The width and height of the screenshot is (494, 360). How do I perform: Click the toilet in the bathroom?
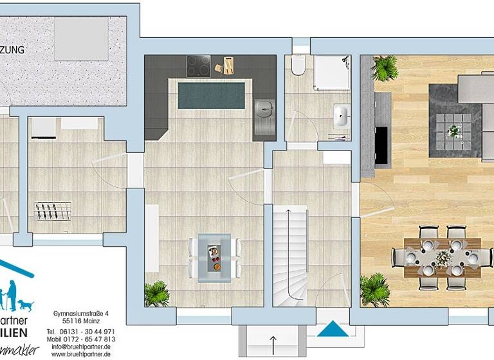click(297, 67)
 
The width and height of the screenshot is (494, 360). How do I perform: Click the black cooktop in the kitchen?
click(198, 64)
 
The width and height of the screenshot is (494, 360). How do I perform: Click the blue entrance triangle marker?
click(333, 328)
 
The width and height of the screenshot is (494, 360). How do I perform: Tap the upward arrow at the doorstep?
click(273, 341)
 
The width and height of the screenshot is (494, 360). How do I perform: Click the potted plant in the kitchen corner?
click(156, 294)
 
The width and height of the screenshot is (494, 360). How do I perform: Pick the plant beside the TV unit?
click(384, 67)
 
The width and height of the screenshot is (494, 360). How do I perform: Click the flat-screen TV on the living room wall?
click(381, 143)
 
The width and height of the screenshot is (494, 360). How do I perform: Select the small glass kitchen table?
click(214, 255)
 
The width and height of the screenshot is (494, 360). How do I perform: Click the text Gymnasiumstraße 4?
click(81, 313)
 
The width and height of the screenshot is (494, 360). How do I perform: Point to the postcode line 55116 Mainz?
click(81, 321)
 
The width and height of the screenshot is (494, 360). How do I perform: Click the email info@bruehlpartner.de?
click(81, 346)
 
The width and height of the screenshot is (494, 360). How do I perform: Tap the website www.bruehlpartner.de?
click(81, 354)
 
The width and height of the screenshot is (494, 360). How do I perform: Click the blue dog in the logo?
click(25, 303)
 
